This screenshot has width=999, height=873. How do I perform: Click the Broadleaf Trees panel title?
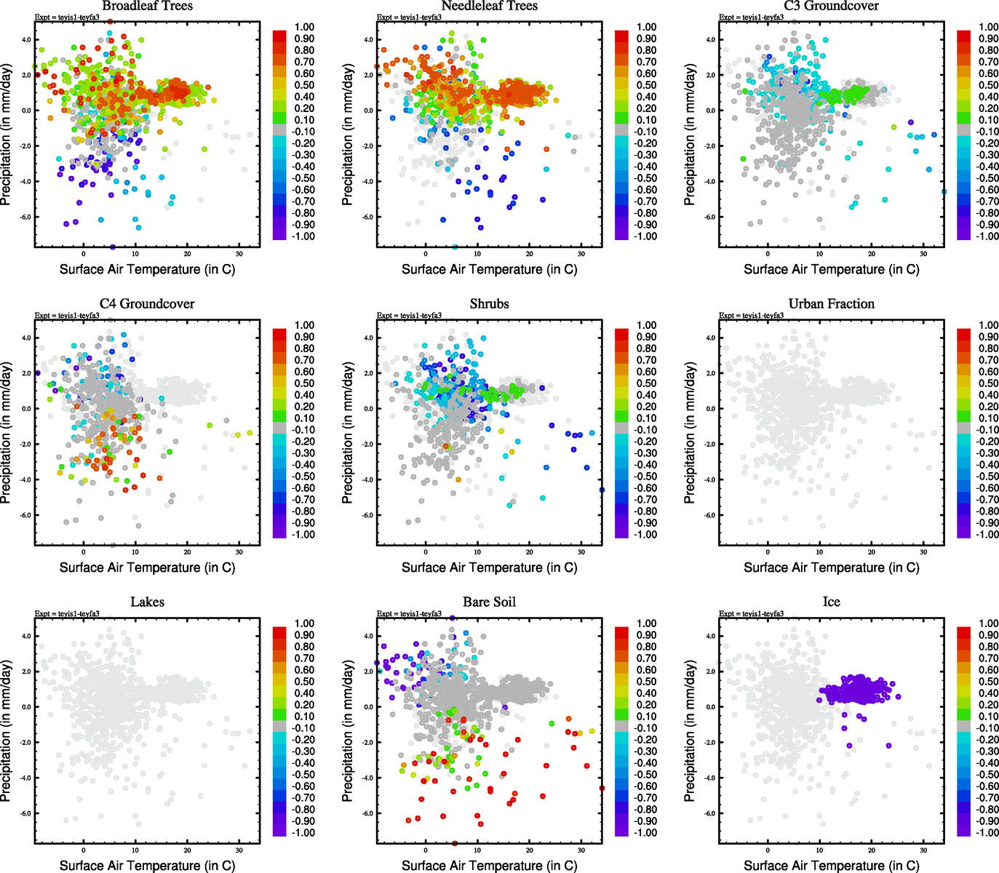147,7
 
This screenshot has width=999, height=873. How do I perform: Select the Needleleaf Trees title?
489,7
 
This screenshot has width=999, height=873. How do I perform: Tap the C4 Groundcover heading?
147,304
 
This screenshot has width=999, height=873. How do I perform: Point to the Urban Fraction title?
831,304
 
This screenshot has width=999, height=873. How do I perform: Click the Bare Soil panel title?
489,602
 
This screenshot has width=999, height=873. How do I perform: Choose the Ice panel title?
831,602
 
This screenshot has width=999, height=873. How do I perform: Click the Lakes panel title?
147,602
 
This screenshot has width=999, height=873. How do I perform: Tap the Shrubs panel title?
489,304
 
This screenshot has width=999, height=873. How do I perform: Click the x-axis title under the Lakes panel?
147,866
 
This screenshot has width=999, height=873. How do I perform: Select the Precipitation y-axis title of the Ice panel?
690,731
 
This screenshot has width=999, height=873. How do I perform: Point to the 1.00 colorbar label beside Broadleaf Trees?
304,28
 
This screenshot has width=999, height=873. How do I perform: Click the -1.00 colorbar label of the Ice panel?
987,832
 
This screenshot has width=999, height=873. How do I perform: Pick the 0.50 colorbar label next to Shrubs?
647,383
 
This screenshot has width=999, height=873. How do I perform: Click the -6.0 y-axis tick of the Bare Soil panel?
367,813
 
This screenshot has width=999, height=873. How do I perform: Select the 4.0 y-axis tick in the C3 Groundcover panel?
709,40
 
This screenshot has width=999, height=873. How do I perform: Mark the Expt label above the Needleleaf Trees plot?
409,17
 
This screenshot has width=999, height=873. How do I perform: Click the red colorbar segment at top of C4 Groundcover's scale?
279,334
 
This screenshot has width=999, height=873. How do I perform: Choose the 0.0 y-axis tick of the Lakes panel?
25,707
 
